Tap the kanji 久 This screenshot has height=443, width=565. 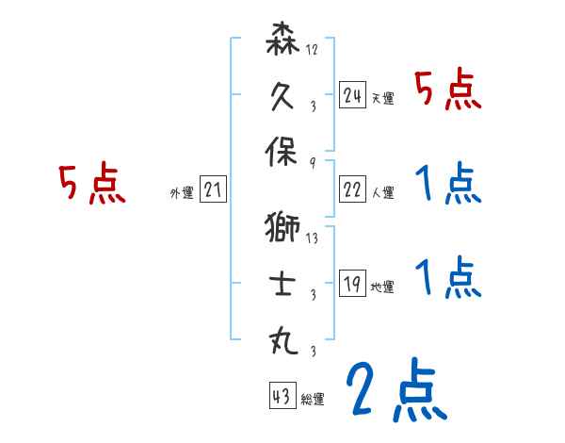[283, 95]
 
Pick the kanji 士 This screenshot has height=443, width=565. [283, 282]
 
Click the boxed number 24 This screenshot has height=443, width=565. [352, 95]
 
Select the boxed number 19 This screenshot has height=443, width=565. [352, 283]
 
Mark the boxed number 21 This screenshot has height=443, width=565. [213, 191]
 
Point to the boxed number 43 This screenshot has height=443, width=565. [282, 396]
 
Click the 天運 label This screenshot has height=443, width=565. [382, 98]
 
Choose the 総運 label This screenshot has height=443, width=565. [313, 399]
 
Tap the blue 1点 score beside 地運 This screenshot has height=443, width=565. [448, 278]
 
